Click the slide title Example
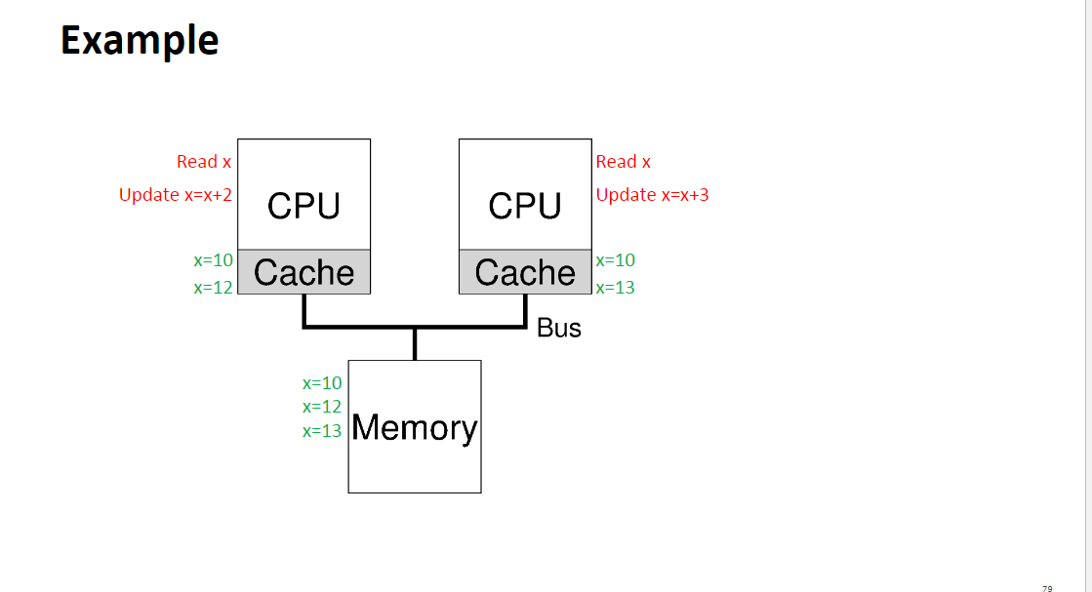(140, 41)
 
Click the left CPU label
(303, 206)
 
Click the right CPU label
(525, 206)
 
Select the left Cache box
(303, 272)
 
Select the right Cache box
(525, 272)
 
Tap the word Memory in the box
(415, 428)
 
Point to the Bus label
(559, 329)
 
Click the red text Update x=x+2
(176, 195)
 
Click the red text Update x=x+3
(652, 195)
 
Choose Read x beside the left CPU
(204, 162)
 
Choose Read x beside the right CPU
(623, 162)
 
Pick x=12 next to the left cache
(214, 288)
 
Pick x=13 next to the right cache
(615, 288)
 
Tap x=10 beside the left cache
(214, 260)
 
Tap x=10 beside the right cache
(615, 260)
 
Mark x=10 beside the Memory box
(322, 383)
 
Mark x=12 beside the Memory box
(322, 407)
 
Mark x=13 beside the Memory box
(322, 431)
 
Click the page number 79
(1047, 589)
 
